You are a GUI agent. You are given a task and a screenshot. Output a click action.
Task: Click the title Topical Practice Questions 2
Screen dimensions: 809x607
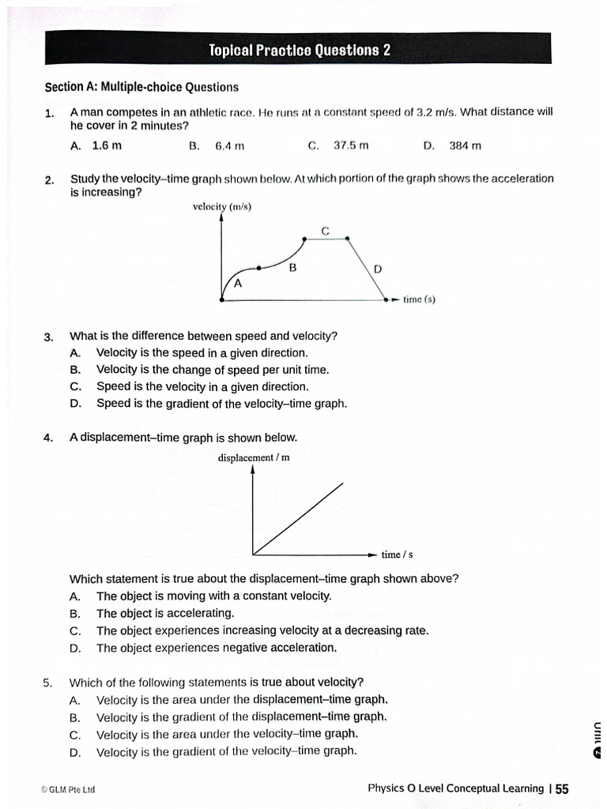(300, 51)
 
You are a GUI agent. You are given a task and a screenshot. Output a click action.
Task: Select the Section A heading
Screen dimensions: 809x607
(141, 87)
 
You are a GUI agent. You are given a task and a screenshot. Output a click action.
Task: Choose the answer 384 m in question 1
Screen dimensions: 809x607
(465, 145)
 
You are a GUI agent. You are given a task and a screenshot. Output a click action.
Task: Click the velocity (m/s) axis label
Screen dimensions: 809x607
(222, 207)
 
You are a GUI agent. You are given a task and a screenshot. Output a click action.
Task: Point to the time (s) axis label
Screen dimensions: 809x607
(419, 299)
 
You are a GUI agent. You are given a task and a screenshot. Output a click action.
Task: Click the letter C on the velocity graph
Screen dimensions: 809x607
(326, 231)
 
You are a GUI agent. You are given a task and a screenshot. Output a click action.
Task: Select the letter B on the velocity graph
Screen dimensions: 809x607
(292, 269)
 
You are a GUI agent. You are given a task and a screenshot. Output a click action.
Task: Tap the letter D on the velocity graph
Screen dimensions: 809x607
(378, 269)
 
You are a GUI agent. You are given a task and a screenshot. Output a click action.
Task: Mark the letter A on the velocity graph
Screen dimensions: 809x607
(238, 283)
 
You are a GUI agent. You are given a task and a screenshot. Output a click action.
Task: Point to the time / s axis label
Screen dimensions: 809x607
(397, 554)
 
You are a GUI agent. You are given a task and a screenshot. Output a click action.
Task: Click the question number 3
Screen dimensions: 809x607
(49, 337)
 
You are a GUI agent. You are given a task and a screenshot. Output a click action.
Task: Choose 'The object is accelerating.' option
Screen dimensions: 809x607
(165, 613)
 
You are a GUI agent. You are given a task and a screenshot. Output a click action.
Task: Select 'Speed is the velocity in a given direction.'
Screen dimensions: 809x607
(202, 386)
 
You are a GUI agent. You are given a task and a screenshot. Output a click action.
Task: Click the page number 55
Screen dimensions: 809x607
(562, 788)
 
